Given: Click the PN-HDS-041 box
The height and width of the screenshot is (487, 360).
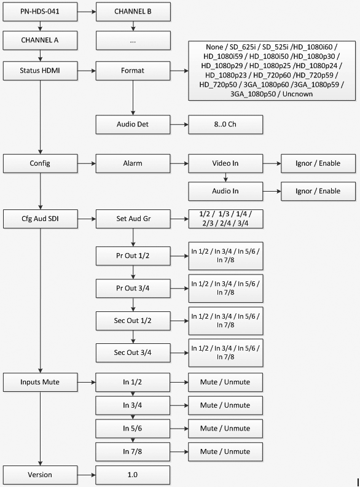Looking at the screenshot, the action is click(40, 12).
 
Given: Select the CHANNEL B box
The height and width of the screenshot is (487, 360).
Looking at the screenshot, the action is click(133, 12).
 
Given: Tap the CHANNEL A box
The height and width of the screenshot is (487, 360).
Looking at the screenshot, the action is click(40, 41).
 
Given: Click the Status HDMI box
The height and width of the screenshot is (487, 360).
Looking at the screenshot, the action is click(40, 71).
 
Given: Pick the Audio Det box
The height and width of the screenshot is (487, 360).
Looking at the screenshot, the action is click(133, 125).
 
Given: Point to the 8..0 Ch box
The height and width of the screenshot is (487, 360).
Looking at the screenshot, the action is click(225, 125).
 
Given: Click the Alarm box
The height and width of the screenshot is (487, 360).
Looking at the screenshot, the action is click(133, 163).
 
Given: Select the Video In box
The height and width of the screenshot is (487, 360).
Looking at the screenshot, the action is click(225, 163).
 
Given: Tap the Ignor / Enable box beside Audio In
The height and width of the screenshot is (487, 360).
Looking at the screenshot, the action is click(318, 192).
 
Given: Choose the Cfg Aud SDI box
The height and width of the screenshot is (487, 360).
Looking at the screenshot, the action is click(40, 219).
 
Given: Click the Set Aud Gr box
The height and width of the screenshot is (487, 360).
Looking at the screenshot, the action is click(133, 219).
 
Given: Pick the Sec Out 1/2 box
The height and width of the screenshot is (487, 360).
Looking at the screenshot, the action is click(133, 321).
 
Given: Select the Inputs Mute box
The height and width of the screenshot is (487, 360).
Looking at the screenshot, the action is click(40, 383).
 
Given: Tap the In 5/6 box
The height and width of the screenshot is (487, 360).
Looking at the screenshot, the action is click(133, 429).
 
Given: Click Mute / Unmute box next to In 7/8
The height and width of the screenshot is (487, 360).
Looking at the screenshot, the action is click(225, 451).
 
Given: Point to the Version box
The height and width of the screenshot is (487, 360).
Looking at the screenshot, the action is click(40, 475).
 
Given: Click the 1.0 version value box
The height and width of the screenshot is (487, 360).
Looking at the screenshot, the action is click(133, 475).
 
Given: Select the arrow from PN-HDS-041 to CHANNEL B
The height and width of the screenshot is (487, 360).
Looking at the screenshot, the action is click(87, 12).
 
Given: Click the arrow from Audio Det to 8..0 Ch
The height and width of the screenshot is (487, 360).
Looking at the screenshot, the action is click(179, 125).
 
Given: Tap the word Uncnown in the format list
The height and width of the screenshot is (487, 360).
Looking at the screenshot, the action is click(297, 94).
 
